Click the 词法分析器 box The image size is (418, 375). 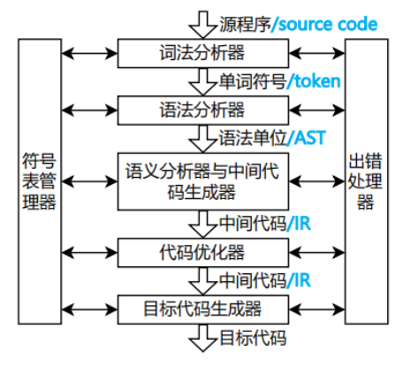(x=203, y=53)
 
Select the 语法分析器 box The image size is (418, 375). (x=203, y=111)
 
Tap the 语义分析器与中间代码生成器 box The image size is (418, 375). (x=203, y=181)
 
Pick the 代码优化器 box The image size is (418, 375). (x=203, y=253)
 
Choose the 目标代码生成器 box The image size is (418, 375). (x=203, y=310)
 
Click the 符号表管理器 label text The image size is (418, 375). (x=40, y=181)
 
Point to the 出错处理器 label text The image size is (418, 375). (x=365, y=181)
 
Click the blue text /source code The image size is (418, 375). (x=324, y=24)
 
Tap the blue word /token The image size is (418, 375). (x=314, y=81)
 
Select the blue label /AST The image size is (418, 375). (x=306, y=138)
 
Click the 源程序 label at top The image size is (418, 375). (x=245, y=24)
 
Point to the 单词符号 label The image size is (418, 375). (x=253, y=81)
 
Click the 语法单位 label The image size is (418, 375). (x=253, y=138)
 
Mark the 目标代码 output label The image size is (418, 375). (x=253, y=338)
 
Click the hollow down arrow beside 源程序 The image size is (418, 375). (x=202, y=25)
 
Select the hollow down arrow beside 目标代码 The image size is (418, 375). (x=202, y=339)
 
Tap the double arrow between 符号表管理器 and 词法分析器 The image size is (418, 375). (x=89, y=53)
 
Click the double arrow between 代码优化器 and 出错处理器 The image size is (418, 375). (x=317, y=253)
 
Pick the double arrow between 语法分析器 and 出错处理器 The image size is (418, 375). (x=317, y=111)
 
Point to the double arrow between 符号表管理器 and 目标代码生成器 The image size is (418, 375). (x=89, y=310)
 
